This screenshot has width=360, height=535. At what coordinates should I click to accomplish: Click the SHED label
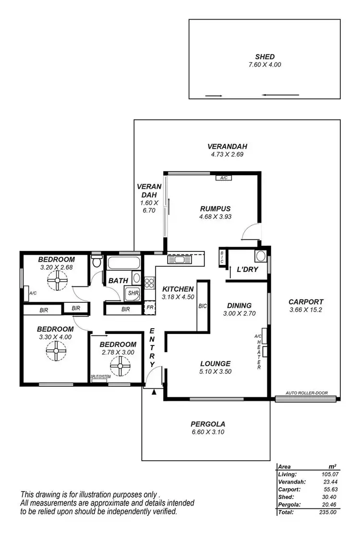pyautogui.click(x=265, y=57)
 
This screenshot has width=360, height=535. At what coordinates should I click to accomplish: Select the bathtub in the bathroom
pyautogui.click(x=123, y=263)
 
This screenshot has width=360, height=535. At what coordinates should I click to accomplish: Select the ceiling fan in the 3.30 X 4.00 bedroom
pyautogui.click(x=56, y=354)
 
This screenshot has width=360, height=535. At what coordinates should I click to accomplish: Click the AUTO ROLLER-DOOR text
pyautogui.click(x=307, y=393)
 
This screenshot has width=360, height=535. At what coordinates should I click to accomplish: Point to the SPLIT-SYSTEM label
pyautogui.click(x=101, y=377)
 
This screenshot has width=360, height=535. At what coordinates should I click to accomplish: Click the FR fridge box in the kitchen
pyautogui.click(x=150, y=308)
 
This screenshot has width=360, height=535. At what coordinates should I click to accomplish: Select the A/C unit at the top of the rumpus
pyautogui.click(x=223, y=178)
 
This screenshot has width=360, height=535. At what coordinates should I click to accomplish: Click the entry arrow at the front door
pyautogui.click(x=154, y=392)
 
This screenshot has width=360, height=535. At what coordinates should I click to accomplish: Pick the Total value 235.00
pyautogui.click(x=326, y=512)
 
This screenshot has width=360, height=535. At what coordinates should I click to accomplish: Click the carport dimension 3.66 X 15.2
pyautogui.click(x=306, y=310)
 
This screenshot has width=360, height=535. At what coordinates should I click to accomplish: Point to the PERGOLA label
pyautogui.click(x=207, y=424)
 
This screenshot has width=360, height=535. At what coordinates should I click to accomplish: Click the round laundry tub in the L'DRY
pyautogui.click(x=261, y=255)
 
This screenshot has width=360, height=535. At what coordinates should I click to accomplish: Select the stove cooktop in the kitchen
pyautogui.click(x=149, y=283)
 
